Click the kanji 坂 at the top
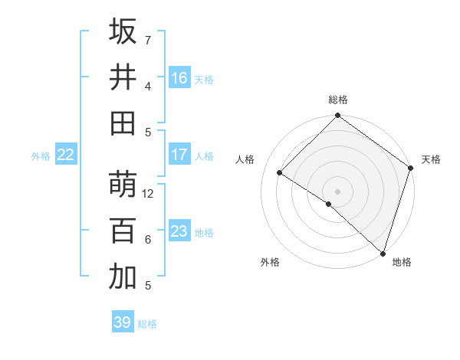tap(123, 31)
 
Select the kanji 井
tap(123, 77)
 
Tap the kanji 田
tap(123, 123)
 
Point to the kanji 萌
tap(123, 185)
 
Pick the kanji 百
tap(123, 231)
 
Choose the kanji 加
tap(123, 277)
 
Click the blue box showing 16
tap(179, 77)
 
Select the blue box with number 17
tap(179, 155)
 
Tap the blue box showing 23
tap(179, 231)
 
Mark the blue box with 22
tap(65, 155)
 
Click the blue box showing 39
tap(123, 322)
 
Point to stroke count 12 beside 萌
tap(149, 194)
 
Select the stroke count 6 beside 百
tap(148, 240)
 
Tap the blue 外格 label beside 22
tap(41, 155)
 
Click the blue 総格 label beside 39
tap(147, 324)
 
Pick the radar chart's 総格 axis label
tap(338, 100)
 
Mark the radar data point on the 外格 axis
tap(329, 205)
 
